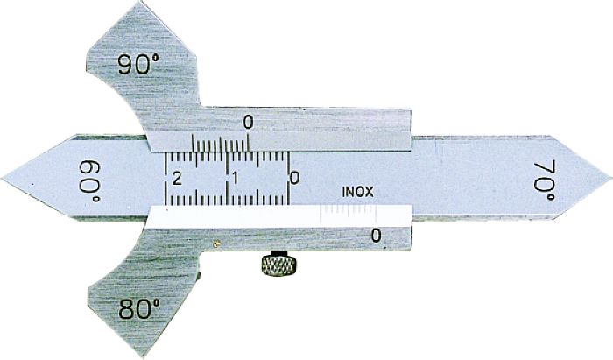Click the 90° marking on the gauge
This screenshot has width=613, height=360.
(141, 64)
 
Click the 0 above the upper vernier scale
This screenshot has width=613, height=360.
(249, 122)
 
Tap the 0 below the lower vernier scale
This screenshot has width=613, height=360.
(377, 235)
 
